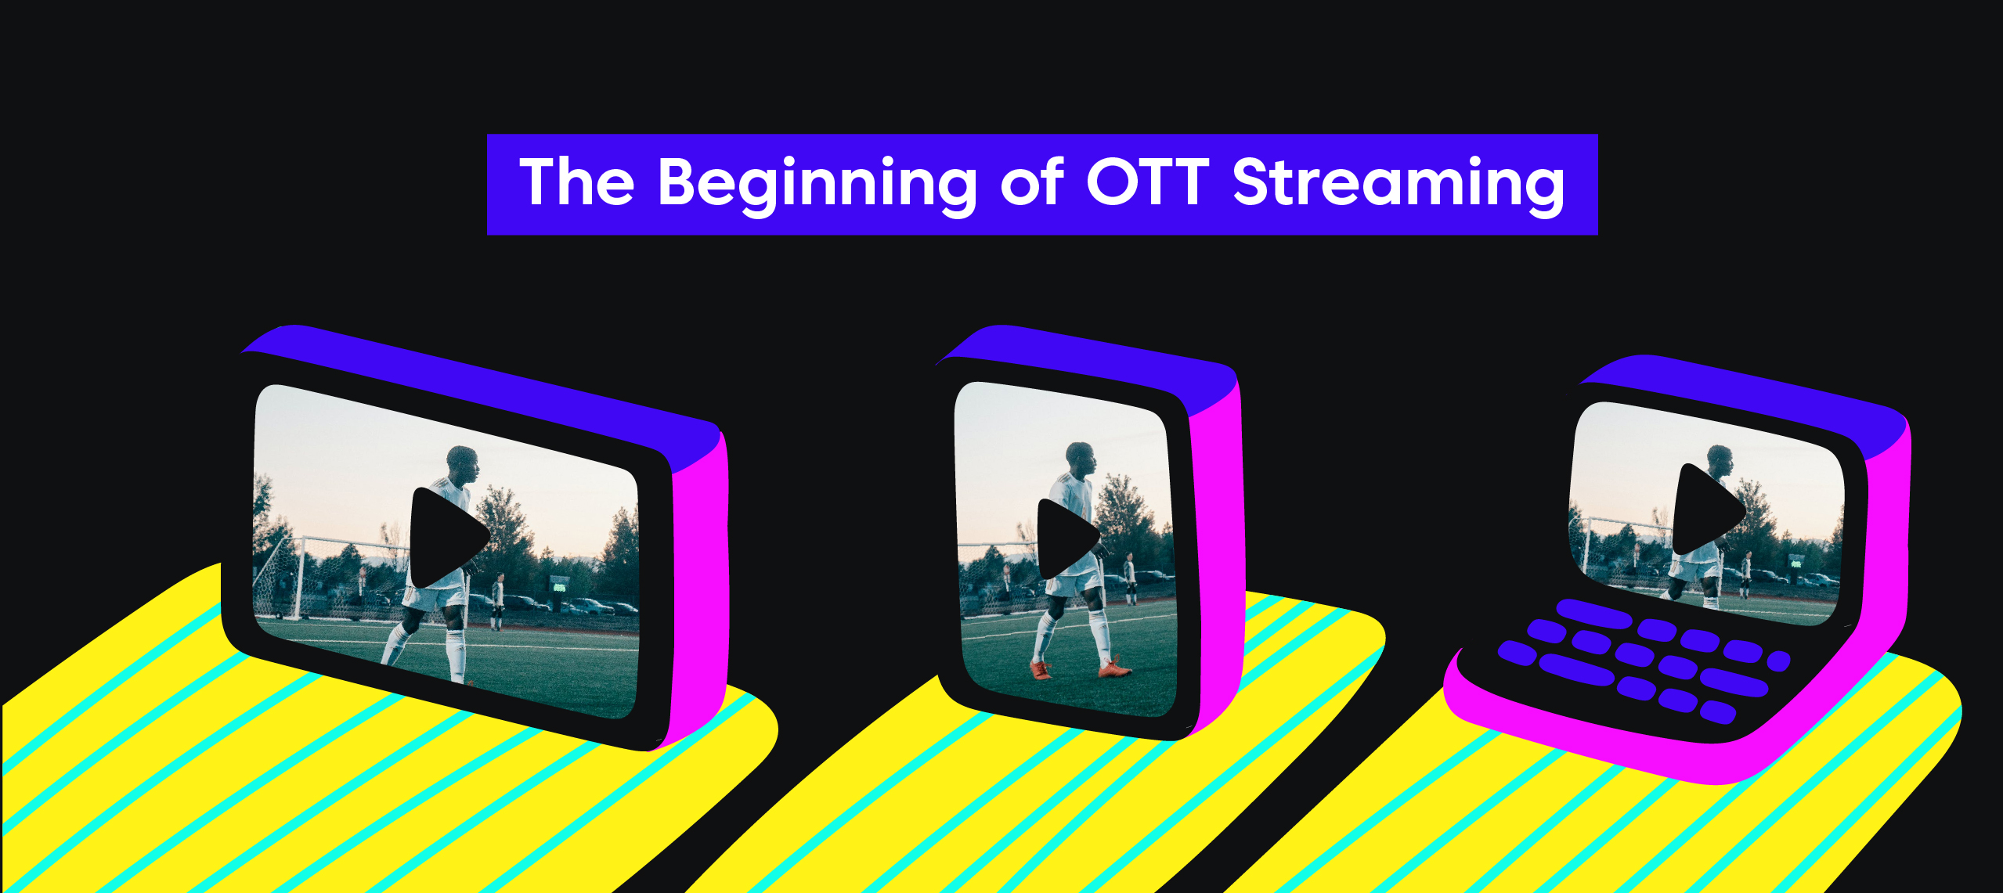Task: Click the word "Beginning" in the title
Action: (x=818, y=185)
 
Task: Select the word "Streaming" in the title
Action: (x=1399, y=185)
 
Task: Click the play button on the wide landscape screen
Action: (x=449, y=538)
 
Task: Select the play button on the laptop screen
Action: (x=1708, y=509)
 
